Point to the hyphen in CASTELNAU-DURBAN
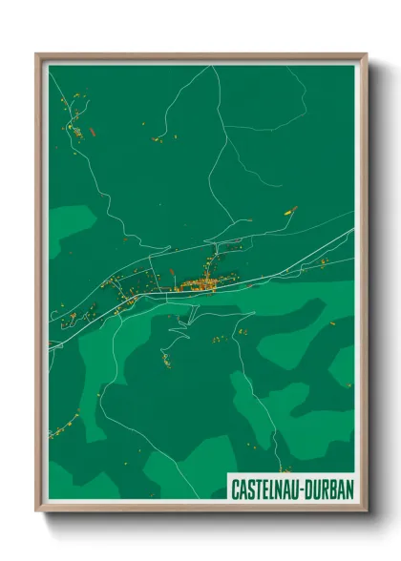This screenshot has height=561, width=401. tap(300, 488)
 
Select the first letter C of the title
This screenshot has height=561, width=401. tap(234, 488)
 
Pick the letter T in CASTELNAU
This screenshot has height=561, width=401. tap(256, 488)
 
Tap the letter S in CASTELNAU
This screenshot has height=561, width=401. tap(248, 488)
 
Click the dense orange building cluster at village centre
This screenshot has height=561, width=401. tap(199, 283)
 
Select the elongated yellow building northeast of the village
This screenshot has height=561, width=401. tap(289, 211)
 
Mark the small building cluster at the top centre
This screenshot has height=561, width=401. tap(159, 139)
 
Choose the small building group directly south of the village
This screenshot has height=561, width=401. tap(166, 360)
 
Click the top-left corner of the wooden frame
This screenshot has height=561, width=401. tap(37, 54)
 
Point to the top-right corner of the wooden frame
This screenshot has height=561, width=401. tap(366, 54)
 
